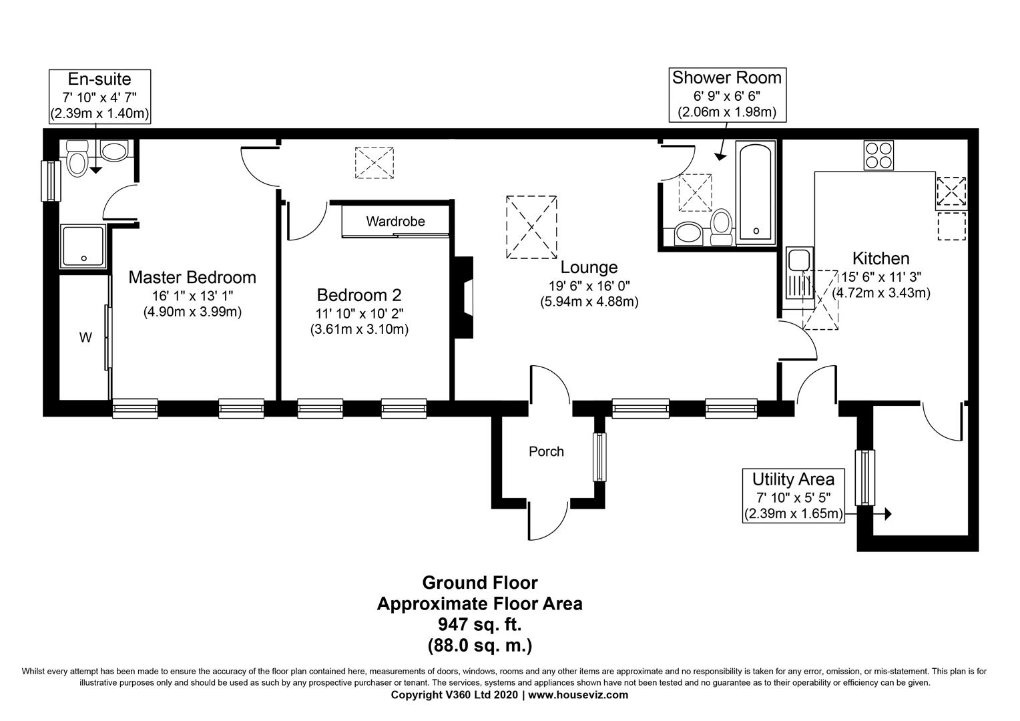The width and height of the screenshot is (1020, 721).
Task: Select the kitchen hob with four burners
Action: (879, 156)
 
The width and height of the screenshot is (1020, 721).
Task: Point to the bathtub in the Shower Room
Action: (756, 192)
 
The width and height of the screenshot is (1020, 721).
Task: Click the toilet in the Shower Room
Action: (722, 228)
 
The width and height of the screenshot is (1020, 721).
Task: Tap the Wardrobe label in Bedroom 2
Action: (395, 222)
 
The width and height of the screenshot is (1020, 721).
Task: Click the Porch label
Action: (546, 451)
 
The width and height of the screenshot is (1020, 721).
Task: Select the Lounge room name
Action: (589, 267)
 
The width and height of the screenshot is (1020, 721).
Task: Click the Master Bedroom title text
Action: (192, 277)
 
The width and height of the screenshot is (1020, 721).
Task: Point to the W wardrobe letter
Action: (85, 338)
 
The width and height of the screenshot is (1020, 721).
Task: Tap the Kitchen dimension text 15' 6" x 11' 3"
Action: (881, 276)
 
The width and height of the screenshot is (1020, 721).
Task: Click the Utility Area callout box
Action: (793, 495)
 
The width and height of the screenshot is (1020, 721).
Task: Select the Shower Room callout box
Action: (727, 95)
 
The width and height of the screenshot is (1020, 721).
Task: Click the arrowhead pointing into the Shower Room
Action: (720, 156)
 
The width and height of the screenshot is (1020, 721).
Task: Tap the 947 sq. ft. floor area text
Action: (480, 624)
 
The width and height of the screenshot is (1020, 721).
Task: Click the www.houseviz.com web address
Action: (578, 695)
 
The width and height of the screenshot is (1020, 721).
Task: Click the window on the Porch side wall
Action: (599, 457)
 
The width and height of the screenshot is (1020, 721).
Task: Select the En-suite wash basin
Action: (114, 151)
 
